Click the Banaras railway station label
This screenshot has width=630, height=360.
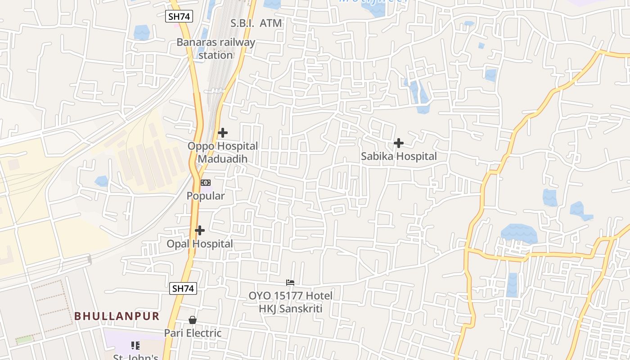coord(216,49)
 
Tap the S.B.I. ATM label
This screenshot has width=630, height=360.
coord(256,23)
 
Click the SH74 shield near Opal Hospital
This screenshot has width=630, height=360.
coord(183,288)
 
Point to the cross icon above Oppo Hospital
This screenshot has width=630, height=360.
coord(222,133)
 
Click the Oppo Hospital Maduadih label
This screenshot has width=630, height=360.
coord(223,153)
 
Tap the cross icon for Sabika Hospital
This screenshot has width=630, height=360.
coord(398,143)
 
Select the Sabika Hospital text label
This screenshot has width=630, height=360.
coord(399,156)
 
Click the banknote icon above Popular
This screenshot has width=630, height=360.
coord(205,183)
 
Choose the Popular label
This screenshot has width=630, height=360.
coord(206,196)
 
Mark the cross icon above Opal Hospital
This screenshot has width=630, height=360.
coord(200,230)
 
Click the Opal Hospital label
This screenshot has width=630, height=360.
coord(200,244)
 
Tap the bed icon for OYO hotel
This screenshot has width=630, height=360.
coord(290,283)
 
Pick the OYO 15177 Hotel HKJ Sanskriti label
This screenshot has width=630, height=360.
coord(291,302)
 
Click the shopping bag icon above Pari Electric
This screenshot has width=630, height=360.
coord(193,320)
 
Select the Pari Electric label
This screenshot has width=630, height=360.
coord(193,333)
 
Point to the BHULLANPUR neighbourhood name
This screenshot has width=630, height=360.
coord(117,316)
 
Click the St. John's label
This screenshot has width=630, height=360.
coord(135,357)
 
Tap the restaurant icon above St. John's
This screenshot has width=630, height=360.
coord(135,346)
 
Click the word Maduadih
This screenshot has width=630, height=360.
coord(223,159)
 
